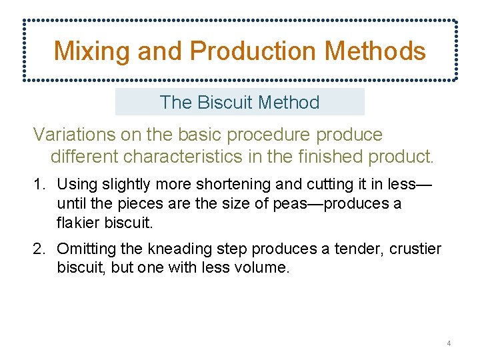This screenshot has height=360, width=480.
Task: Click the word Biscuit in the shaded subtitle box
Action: click(x=225, y=103)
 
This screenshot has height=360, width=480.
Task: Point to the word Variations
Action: click(x=73, y=135)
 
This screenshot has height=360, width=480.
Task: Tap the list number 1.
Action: click(x=39, y=184)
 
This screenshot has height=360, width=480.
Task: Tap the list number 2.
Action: click(x=39, y=249)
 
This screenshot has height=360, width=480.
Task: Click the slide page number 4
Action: click(x=449, y=343)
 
